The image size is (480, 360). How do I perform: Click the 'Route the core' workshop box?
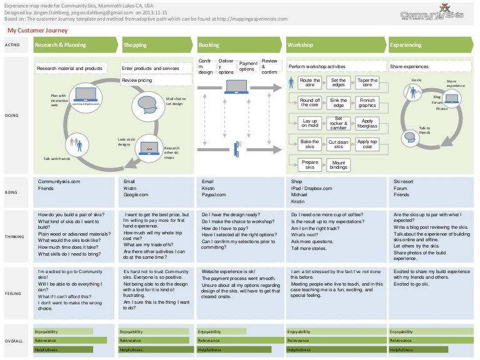tap(310, 82)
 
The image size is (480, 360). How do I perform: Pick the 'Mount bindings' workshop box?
tap(338, 165)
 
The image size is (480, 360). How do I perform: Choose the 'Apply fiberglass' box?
tap(367, 123)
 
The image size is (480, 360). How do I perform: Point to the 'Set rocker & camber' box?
tap(338, 123)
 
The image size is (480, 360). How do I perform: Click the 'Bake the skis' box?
tap(310, 144)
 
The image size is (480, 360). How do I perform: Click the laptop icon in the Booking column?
tap(237, 86)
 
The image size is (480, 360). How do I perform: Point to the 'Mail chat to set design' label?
tap(176, 101)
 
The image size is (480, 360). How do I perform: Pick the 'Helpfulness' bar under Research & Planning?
tap(69, 349)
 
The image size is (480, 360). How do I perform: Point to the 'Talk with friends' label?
tap(57, 159)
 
